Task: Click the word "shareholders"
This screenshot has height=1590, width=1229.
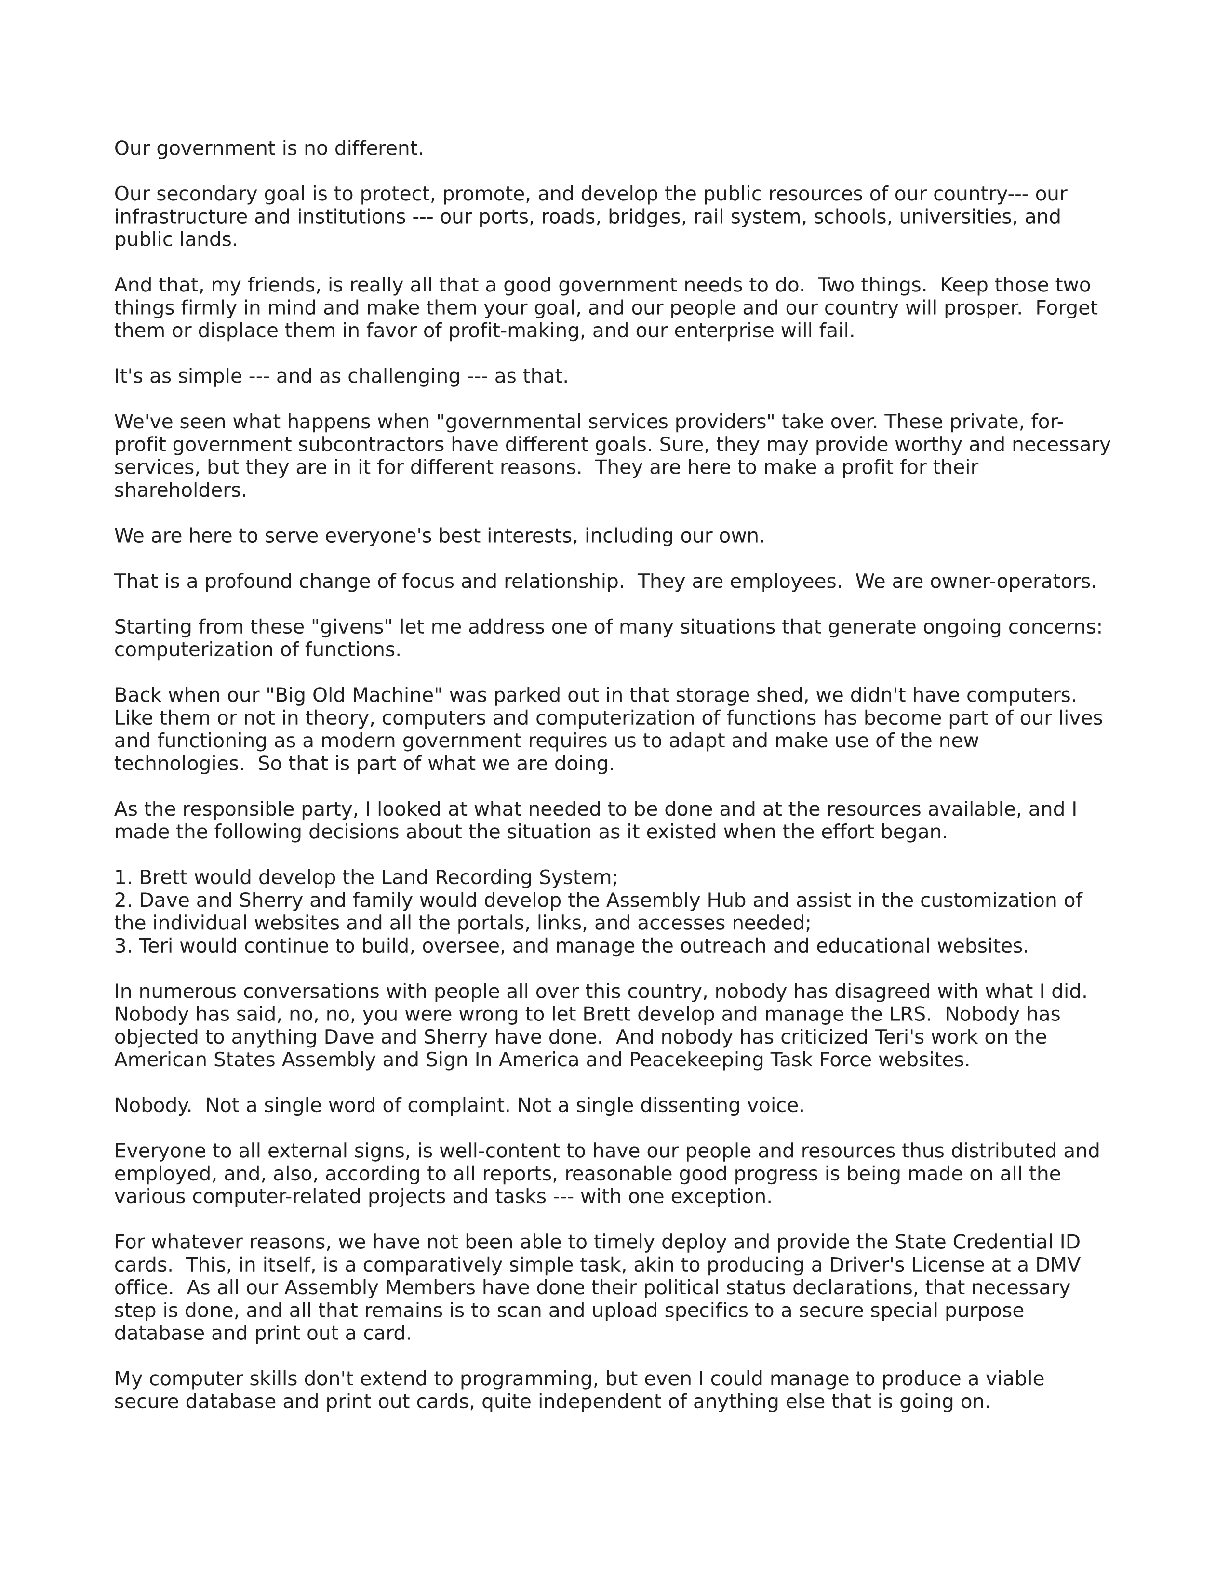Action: click(x=180, y=490)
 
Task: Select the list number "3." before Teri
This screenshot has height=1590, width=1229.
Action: click(x=123, y=946)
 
